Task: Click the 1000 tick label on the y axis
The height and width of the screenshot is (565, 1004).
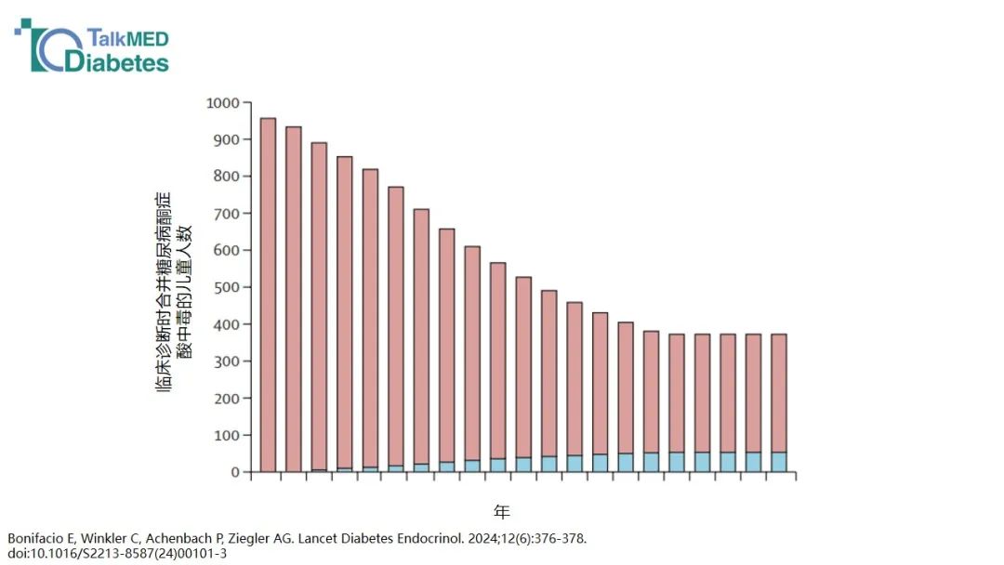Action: pos(222,103)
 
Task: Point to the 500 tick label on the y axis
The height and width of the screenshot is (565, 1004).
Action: pos(226,287)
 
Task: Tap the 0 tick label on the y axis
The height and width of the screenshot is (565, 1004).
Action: pos(235,472)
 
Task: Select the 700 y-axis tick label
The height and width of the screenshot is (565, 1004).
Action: pos(226,214)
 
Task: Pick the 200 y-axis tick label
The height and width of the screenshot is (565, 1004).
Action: pos(226,398)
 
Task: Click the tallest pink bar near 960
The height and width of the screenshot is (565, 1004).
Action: pos(269,295)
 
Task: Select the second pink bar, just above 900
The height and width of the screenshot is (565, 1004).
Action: pos(293,299)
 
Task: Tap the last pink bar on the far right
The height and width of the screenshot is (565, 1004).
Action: pos(779,393)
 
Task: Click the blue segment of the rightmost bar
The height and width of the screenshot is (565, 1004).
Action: pos(779,462)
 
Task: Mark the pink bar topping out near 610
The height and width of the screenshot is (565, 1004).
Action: pos(472,353)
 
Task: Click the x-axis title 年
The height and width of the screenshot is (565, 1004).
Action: pos(502,512)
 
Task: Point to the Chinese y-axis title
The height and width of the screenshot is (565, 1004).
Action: pos(173,292)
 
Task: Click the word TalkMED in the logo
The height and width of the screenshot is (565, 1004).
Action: pos(128,38)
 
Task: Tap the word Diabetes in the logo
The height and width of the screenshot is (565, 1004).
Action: pos(117,62)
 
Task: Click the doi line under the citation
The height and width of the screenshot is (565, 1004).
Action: pos(117,554)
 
